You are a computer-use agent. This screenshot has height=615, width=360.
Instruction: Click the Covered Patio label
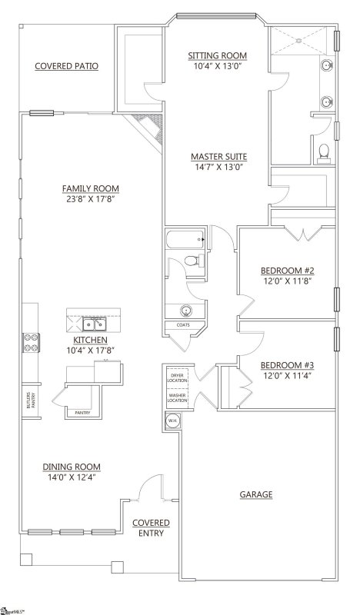coord(65,66)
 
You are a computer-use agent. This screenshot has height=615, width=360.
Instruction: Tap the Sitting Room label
coord(218,55)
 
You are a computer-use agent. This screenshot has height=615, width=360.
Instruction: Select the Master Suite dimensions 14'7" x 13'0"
coord(218,167)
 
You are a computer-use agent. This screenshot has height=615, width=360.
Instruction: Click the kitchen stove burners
coord(32,341)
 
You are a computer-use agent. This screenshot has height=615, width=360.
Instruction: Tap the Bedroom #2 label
coord(286,271)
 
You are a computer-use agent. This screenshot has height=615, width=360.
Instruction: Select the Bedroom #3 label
coord(286,364)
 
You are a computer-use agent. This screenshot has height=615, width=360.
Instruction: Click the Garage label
coord(256,494)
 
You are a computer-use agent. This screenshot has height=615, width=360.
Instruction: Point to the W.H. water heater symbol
coord(172,421)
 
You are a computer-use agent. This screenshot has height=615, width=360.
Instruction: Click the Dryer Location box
coord(178,377)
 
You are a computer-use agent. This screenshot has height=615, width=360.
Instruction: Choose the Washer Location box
coord(178,397)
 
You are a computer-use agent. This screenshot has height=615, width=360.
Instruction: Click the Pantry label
coord(82,413)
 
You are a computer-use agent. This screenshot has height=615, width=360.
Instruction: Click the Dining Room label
coord(72,466)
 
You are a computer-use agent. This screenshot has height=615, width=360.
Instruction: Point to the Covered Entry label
coord(151,528)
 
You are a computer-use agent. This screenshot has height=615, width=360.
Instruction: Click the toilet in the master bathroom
coord(324,151)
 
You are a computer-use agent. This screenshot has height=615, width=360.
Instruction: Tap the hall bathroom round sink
coord(185,311)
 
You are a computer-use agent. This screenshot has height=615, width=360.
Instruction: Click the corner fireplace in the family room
coord(147,128)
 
